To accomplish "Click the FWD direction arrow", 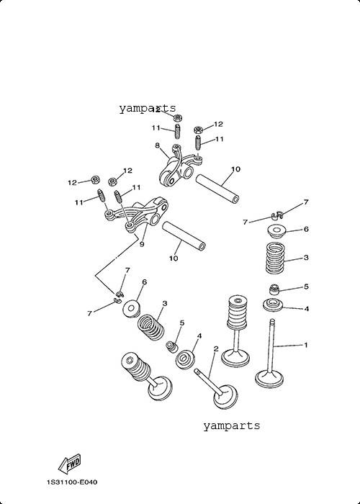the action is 69,463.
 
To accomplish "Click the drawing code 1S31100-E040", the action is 72,482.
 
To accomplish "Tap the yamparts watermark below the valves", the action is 231,426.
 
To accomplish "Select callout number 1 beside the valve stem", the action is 306,345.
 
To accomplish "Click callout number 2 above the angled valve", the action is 216,348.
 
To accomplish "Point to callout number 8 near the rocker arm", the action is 157,145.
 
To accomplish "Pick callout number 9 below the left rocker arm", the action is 142,244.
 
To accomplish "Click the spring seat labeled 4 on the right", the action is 273,305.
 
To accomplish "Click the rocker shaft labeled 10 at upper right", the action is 217,189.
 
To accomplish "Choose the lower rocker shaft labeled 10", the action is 184,236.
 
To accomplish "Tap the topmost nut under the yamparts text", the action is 178,117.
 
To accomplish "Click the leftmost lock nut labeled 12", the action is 95,180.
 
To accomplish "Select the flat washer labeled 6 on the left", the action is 132,309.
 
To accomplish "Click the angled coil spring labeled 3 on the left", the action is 151,328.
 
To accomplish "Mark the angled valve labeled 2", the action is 217,389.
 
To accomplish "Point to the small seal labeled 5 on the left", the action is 172,347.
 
